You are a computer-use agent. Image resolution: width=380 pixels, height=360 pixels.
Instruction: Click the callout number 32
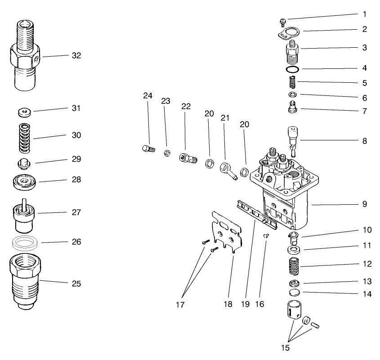[76, 56]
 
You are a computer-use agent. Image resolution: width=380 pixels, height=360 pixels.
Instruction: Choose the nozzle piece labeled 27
[24, 213]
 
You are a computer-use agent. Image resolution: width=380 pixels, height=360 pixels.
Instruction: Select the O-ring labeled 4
[292, 69]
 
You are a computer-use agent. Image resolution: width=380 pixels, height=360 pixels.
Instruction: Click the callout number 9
[364, 204]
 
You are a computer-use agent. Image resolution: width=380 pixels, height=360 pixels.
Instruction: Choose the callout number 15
[286, 347]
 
